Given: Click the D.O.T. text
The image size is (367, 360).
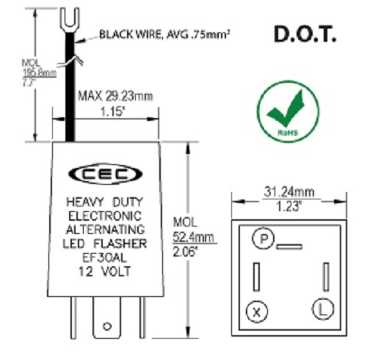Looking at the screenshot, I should [x=304, y=34].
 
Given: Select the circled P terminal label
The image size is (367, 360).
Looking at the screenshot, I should [x=261, y=238].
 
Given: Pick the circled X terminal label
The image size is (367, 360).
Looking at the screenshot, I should [x=256, y=312].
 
